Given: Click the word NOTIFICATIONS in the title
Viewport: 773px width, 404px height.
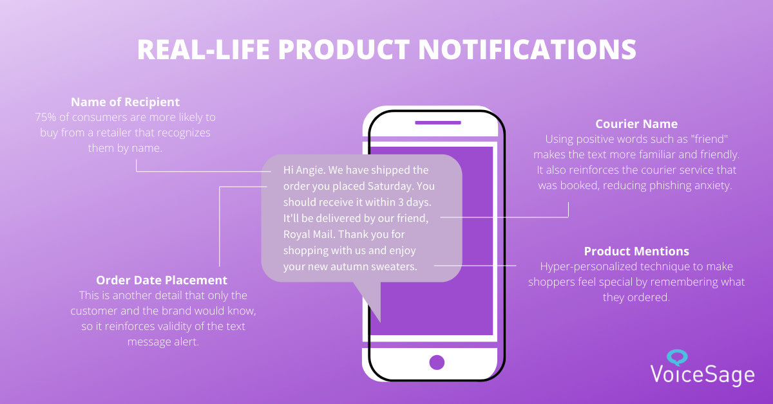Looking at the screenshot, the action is tap(528, 50).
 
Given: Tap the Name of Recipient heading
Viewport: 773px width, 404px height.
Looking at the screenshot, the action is tap(125, 102).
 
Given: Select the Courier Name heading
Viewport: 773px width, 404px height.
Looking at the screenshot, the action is tap(636, 124).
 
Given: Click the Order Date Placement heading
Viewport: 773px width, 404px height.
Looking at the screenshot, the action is tap(162, 280).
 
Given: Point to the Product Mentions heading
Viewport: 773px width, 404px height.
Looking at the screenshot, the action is tap(636, 252).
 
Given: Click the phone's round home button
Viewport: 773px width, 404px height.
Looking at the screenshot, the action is tap(437, 362).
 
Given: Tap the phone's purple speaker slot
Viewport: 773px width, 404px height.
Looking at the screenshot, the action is tap(438, 123).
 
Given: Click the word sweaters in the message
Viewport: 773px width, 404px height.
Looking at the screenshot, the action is tap(396, 266).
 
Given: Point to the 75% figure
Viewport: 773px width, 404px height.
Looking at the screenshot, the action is tap(45, 117).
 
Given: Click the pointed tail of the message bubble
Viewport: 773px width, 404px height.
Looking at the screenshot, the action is tap(380, 322).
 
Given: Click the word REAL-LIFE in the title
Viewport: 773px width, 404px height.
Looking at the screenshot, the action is tap(204, 50).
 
